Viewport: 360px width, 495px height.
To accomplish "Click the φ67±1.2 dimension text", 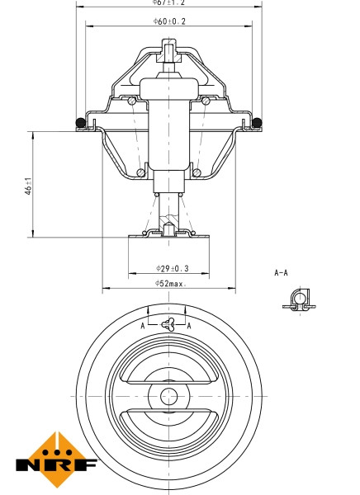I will tap(169, 3).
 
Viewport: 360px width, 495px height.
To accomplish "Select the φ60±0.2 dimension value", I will tap(169, 21).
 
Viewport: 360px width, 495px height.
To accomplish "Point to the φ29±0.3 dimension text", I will tap(171, 268).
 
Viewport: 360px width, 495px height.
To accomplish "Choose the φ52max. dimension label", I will tap(170, 284).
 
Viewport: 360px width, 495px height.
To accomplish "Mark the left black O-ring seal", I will tap(81, 124).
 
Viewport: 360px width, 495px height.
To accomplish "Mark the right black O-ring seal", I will tap(257, 124).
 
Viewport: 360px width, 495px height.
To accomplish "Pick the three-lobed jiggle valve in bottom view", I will tap(168, 324).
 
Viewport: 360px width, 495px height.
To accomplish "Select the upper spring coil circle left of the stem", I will tap(133, 101).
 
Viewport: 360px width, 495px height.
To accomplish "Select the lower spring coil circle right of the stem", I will tap(198, 172).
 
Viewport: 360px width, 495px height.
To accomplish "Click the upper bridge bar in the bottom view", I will tap(168, 367).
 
